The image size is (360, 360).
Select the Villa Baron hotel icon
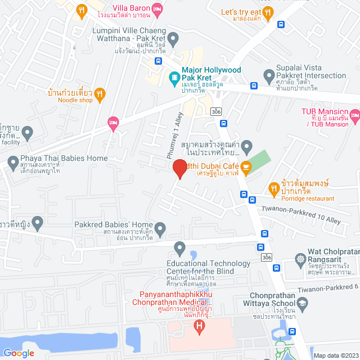point(158,9)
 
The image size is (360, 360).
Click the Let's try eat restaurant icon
point(269,12)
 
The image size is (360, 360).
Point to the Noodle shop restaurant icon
point(100,93)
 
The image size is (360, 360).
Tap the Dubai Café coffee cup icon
point(246,167)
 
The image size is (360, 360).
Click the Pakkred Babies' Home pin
point(160,229)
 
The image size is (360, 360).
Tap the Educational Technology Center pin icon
point(179,247)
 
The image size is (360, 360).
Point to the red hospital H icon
point(198,326)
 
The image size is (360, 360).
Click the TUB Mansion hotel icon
point(354,117)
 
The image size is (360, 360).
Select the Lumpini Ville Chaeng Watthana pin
point(173,39)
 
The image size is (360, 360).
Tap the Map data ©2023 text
point(335,355)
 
